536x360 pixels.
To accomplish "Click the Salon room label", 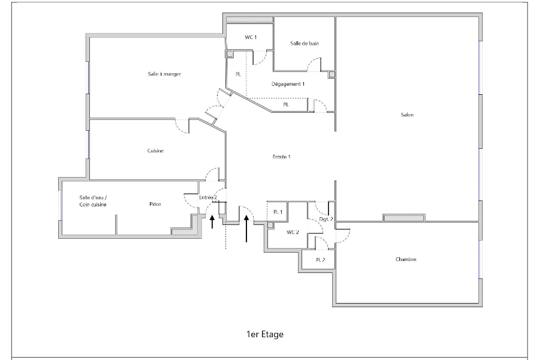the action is point(407,115).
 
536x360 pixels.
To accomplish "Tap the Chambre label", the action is point(406,259).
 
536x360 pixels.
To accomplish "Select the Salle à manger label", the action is point(164,74).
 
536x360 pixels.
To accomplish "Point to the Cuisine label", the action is point(155,151).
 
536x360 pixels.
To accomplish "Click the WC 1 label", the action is point(251,37).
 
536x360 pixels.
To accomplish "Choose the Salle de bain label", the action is point(304,43).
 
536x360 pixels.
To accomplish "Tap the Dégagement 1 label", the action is point(288,84).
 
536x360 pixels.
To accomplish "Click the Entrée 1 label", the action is point(281,157).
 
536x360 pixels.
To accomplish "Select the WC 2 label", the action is point(293,232).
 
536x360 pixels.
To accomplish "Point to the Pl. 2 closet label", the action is point(320,260).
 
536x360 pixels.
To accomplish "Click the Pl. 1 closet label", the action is point(278,212).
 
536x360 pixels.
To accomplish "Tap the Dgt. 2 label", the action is point(326,220).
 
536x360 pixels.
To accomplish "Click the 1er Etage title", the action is point(265,334).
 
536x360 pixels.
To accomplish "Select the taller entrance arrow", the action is point(246,229).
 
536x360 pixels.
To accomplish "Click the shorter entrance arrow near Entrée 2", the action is point(212,221).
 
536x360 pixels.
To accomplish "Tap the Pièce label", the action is point(155,204).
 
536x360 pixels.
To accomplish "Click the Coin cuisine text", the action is point(93,205).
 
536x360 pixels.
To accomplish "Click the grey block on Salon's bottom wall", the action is point(404,218).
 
